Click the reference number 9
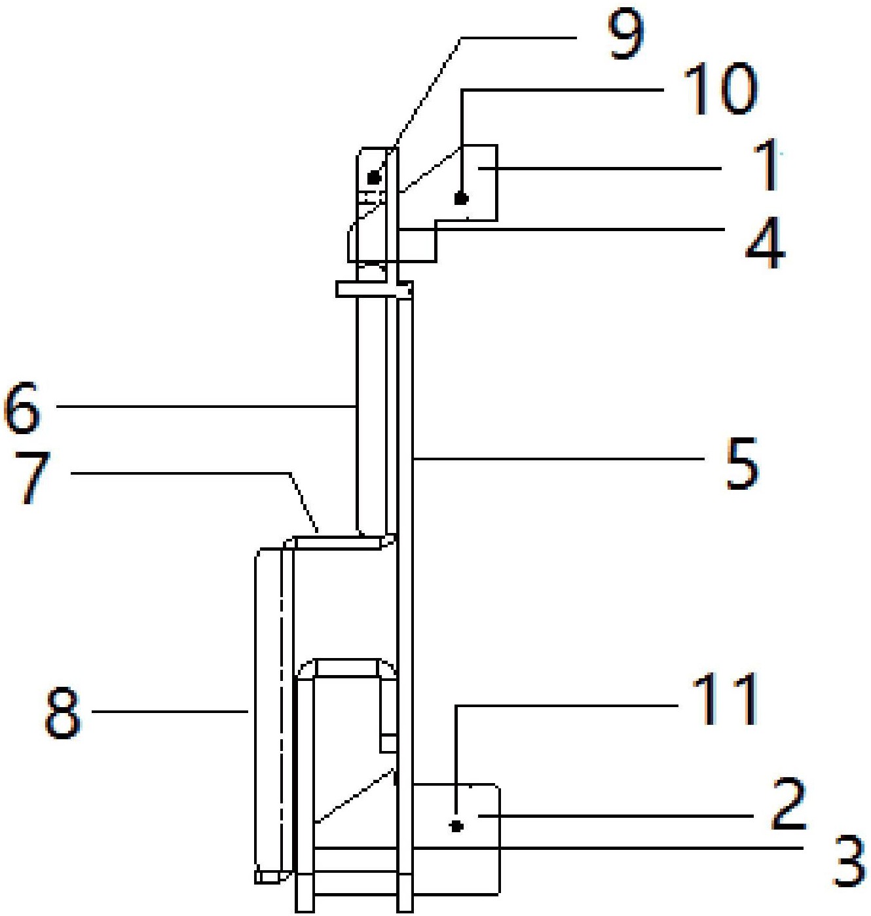[x=626, y=36]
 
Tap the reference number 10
[x=720, y=90]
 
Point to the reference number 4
[x=765, y=245]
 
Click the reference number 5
[x=743, y=463]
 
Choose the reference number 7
[x=32, y=479]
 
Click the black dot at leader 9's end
[x=374, y=177]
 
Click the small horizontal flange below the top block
[x=374, y=289]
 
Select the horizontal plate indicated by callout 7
[x=339, y=542]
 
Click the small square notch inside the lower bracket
[x=388, y=743]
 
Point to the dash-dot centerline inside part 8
[x=282, y=708]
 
